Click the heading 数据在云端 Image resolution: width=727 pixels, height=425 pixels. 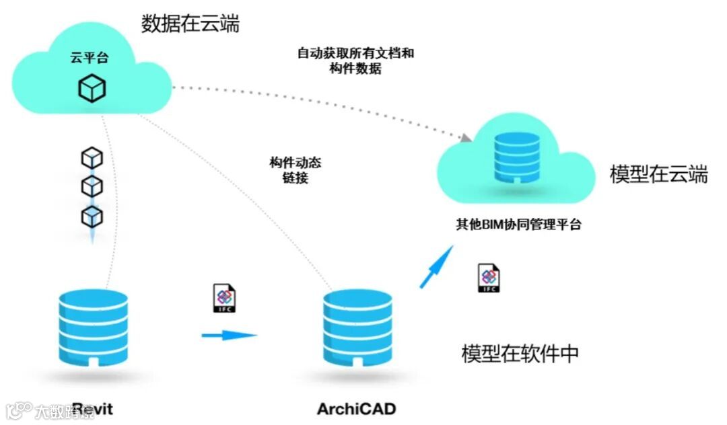click(191, 24)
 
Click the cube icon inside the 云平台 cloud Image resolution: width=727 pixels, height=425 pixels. click(92, 88)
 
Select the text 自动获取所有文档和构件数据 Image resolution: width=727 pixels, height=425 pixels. click(355, 61)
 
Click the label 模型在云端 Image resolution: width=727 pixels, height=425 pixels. click(658, 175)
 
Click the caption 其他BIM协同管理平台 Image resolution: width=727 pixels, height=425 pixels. click(518, 225)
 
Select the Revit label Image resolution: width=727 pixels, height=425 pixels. click(92, 409)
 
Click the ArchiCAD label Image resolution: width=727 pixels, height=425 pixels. click(356, 409)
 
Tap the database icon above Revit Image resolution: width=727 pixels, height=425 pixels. click(92, 327)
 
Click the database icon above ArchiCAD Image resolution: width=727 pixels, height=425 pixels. click(356, 327)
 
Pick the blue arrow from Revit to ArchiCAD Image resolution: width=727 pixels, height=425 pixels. click(230, 334)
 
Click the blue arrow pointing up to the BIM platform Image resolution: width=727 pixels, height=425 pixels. click(436, 266)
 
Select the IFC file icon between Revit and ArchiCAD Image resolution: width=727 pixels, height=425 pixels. click(225, 299)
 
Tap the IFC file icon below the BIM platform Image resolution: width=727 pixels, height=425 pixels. click(489, 278)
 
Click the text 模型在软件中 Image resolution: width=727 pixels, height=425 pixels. click(520, 354)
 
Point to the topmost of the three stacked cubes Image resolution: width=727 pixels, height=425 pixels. click(92, 158)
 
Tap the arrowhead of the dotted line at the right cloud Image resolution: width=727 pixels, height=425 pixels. click(465, 138)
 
